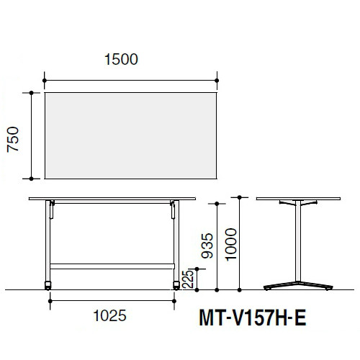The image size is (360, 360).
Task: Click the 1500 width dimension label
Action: (121, 59)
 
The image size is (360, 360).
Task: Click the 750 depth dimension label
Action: (13, 140)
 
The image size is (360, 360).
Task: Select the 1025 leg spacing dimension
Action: (109, 315)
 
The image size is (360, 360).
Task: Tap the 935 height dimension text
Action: (207, 246)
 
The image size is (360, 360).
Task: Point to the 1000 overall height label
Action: (231, 244)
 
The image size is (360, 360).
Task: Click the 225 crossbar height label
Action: (188, 279)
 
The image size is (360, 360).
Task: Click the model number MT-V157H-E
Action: (253, 318)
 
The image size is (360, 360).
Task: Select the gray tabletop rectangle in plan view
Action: (131, 135)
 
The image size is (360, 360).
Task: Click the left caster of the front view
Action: (48, 286)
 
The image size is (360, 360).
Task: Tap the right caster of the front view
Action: (176, 286)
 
